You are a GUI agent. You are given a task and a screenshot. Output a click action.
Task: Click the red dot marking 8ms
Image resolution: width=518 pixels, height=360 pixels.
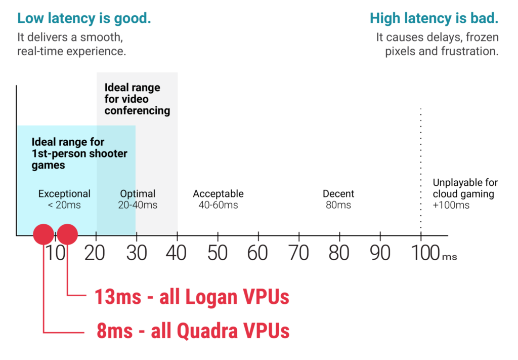[x=44, y=234]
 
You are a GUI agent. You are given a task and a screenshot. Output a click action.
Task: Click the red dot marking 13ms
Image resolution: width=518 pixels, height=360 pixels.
[x=67, y=234]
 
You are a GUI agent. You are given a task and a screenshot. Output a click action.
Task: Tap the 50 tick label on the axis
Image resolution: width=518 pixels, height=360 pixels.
[x=218, y=253]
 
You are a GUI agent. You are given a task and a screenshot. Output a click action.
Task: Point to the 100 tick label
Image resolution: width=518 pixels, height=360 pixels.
[x=425, y=253]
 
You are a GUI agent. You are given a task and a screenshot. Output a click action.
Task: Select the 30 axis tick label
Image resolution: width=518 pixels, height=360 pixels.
[x=137, y=253]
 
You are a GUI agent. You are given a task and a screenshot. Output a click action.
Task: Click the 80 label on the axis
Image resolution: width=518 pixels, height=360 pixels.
[x=339, y=253]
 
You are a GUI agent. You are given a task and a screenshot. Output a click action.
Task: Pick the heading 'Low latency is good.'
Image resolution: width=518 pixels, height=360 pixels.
[x=84, y=18]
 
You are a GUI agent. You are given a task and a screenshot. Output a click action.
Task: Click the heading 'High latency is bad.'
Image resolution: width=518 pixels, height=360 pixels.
[x=434, y=18]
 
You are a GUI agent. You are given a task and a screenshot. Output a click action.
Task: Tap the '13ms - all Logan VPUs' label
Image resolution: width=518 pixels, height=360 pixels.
[x=192, y=297]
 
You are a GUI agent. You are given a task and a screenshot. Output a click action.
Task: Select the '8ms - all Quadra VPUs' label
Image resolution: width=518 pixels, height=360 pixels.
[x=193, y=331]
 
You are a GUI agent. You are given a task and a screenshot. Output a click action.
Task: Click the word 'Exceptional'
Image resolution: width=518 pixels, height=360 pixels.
[x=64, y=194]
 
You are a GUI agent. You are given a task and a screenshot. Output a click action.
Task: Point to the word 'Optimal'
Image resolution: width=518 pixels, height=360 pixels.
[x=138, y=194]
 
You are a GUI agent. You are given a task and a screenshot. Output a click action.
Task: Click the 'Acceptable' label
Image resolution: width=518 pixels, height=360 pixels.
[x=219, y=194]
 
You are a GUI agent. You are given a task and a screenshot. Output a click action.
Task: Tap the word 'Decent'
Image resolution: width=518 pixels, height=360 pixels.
[x=338, y=194]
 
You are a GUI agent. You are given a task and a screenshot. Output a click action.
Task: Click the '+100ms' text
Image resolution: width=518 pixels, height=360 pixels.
[x=451, y=205]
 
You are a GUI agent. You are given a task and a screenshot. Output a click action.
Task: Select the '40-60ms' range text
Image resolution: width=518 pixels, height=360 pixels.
[x=219, y=205]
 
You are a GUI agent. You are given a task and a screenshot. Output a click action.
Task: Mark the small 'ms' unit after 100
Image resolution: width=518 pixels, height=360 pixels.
[x=450, y=257]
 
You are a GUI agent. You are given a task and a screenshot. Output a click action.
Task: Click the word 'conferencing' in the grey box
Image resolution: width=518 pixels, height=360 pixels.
[x=138, y=110]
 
